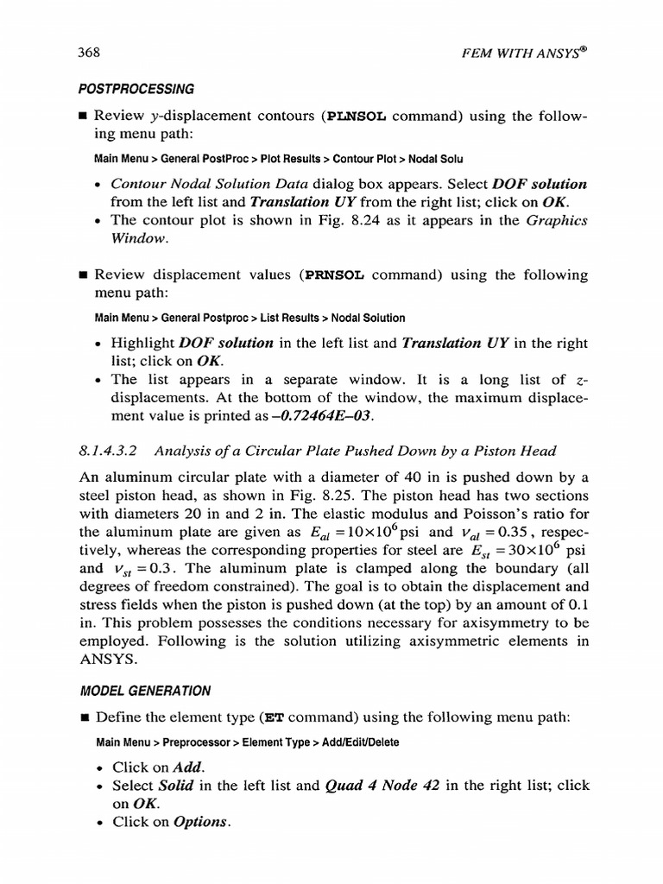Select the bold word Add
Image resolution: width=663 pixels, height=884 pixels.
coord(187,767)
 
